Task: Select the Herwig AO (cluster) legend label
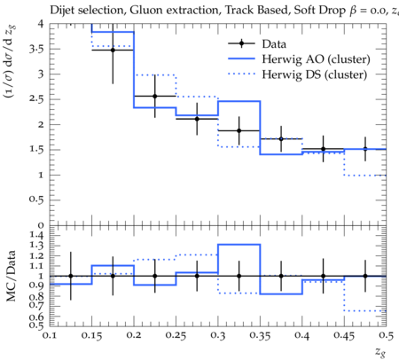[x=316, y=59]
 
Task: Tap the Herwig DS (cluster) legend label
[x=315, y=74]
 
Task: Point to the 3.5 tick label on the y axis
[x=36, y=49]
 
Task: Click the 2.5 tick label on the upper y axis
[x=36, y=99]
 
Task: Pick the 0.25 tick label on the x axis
[x=176, y=336]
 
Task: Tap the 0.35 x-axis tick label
[x=260, y=336]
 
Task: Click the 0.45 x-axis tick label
[x=344, y=336]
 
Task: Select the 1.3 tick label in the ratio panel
[x=36, y=246]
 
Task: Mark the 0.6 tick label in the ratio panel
[x=36, y=317]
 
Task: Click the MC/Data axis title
[x=11, y=276]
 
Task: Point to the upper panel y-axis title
[x=11, y=61]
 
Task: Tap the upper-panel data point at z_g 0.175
[x=113, y=50]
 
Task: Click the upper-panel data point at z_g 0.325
[x=239, y=130]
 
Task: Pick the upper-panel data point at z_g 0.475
[x=365, y=149]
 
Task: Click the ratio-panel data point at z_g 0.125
[x=71, y=276]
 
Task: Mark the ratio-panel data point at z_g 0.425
[x=324, y=276]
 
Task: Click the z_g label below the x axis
[x=380, y=352]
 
